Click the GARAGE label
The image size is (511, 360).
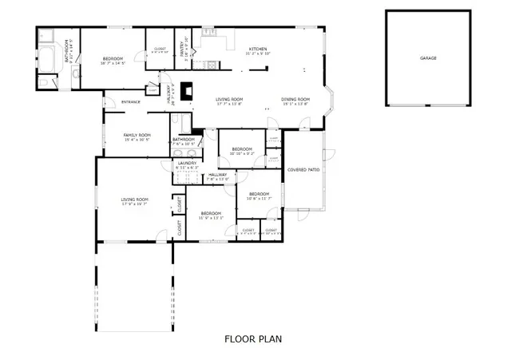pyautogui.click(x=429, y=58)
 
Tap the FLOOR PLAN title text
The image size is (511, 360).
pyautogui.click(x=252, y=338)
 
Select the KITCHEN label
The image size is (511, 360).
pyautogui.click(x=258, y=49)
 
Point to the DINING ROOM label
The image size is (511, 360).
pyautogui.click(x=295, y=99)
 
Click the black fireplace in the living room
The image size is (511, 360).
pyautogui.click(x=185, y=90)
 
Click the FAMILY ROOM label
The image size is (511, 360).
pyautogui.click(x=137, y=135)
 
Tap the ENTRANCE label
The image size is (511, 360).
pyautogui.click(x=131, y=101)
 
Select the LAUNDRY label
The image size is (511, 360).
pyautogui.click(x=188, y=163)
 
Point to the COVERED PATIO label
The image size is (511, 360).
pyautogui.click(x=303, y=169)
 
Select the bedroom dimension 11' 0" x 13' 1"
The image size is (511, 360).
pyautogui.click(x=211, y=217)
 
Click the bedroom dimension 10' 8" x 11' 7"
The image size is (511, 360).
pyautogui.click(x=259, y=198)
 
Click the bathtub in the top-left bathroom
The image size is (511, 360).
pyautogui.click(x=47, y=58)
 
